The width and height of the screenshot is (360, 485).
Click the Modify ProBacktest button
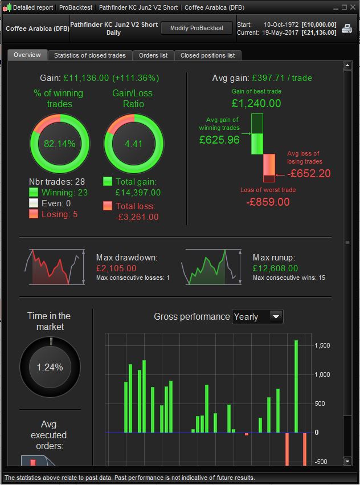(197, 28)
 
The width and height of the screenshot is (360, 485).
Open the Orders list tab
(153, 55)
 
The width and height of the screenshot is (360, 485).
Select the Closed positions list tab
(207, 55)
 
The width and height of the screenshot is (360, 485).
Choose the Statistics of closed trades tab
(91, 55)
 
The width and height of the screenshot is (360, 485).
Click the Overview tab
(27, 55)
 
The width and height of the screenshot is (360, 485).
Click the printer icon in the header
(346, 28)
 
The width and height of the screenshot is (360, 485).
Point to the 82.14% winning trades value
(60, 144)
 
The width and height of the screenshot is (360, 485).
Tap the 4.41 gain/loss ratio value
(133, 144)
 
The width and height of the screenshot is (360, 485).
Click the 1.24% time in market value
(50, 368)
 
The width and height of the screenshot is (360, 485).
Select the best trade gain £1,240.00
(256, 104)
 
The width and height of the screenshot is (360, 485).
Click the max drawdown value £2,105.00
(116, 268)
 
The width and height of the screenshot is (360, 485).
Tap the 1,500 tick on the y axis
(322, 345)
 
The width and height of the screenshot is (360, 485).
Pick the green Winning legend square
(34, 193)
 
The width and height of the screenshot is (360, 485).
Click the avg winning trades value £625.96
(219, 140)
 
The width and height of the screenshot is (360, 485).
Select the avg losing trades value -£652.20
(309, 173)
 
